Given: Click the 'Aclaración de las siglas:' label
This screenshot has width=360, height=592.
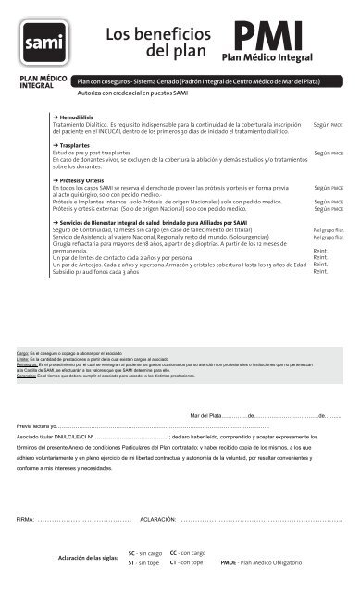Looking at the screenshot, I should [89, 557].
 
